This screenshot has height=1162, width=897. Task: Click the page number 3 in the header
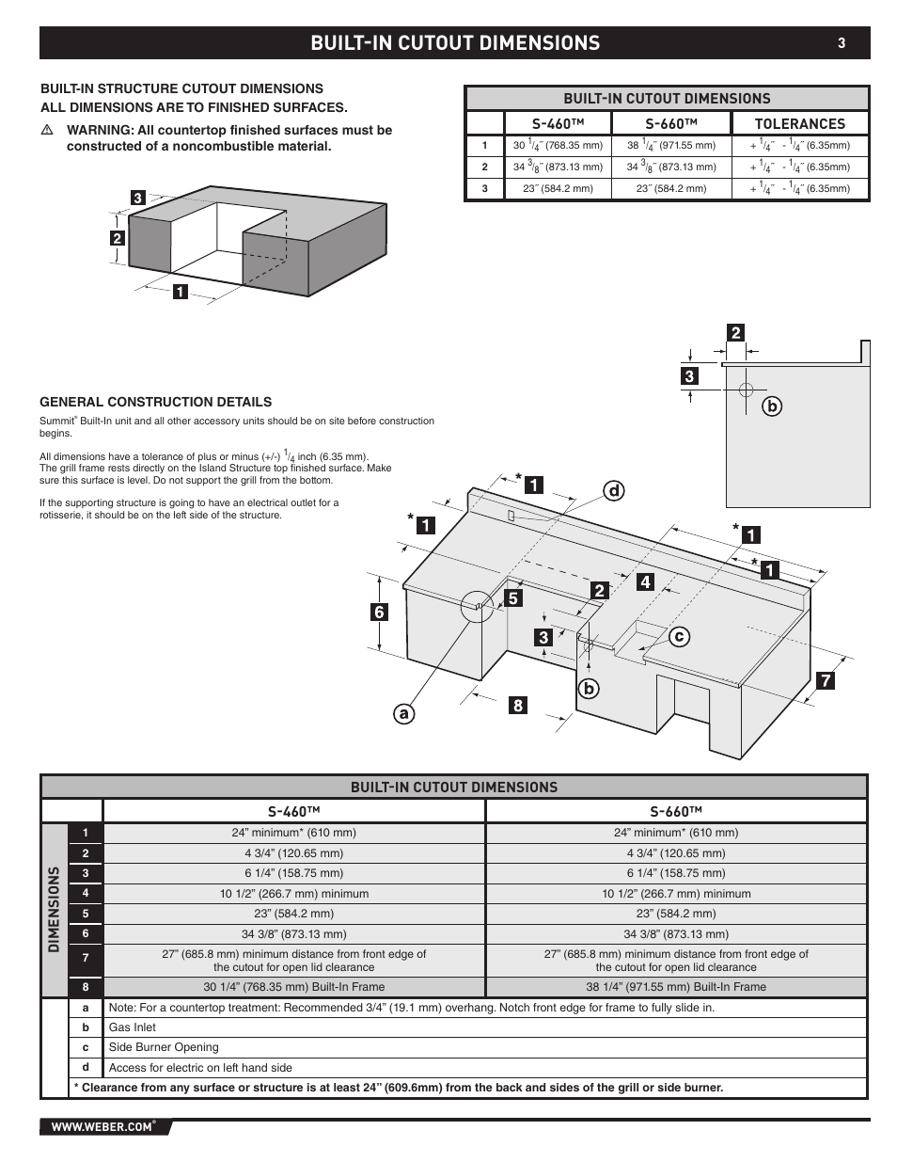tap(842, 42)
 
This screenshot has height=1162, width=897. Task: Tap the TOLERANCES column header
tap(800, 123)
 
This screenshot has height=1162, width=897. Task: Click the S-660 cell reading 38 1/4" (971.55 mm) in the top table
tap(671, 145)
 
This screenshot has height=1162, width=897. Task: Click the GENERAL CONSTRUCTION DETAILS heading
tap(155, 402)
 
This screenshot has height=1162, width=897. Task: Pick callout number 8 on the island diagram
tap(517, 704)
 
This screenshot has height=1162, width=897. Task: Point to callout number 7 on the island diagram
tap(825, 679)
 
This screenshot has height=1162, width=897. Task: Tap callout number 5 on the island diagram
tap(512, 597)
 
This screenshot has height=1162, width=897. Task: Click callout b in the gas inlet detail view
tap(773, 406)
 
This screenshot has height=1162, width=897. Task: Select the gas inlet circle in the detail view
tap(745, 389)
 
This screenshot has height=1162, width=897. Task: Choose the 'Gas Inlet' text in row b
tap(133, 1027)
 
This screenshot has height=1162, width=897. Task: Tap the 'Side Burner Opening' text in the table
tap(164, 1047)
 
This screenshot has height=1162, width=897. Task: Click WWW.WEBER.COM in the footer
tap(102, 1126)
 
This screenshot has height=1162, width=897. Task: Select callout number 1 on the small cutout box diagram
tap(179, 292)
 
